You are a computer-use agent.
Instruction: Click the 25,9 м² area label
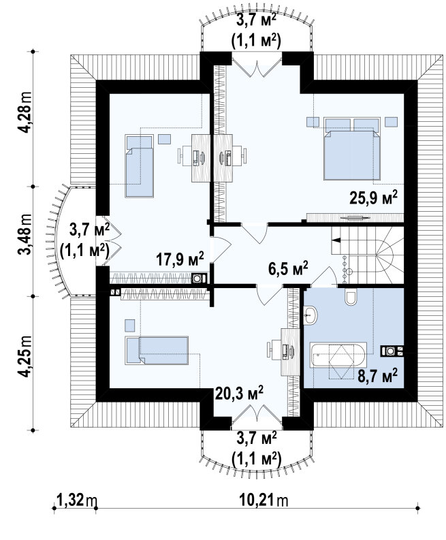coord(374,197)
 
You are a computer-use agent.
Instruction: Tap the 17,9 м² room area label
coord(180,259)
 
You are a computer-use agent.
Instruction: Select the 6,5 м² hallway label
coord(288,268)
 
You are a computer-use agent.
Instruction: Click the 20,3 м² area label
coord(240,393)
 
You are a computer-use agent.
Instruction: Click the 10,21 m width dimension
coord(263,500)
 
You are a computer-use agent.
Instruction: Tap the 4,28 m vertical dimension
coord(25,113)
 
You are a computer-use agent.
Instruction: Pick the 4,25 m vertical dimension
coord(25,357)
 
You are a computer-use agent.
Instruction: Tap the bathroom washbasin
coord(310,315)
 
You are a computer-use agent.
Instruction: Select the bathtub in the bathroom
coord(338,355)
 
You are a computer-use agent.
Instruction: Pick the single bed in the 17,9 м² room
coord(139,166)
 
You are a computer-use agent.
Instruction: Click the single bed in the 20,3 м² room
coord(157,350)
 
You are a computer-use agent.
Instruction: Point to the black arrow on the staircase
coord(336,240)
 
